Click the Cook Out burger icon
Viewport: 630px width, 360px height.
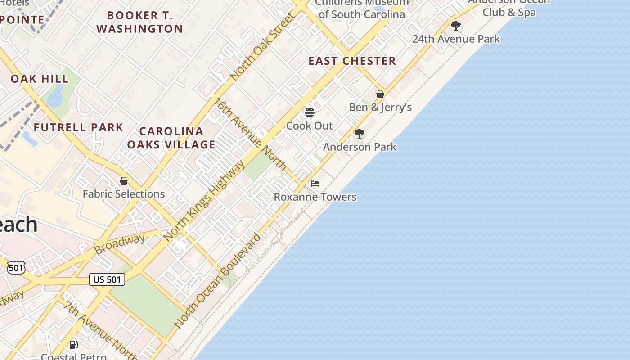pos(310,112)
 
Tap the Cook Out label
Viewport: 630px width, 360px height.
pos(310,126)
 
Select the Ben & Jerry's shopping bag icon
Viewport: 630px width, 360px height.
pos(380,94)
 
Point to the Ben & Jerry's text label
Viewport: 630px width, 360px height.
pos(380,108)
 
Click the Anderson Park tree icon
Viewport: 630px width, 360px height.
pos(359,134)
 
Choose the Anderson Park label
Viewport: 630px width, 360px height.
pos(360,147)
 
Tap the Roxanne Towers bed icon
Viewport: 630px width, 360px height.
pos(315,184)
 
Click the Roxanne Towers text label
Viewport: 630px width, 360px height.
pos(315,197)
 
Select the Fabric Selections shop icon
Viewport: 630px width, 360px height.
pos(124,181)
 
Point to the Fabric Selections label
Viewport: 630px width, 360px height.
pos(124,194)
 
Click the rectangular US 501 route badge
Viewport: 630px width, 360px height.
pos(107,279)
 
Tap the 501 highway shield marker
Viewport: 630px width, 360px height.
pos(16,268)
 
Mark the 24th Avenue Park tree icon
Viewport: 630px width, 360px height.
pos(456,25)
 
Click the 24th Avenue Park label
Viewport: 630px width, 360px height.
pos(456,39)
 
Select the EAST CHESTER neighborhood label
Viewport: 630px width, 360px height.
pos(352,61)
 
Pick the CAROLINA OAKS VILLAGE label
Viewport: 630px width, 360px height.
pos(171,138)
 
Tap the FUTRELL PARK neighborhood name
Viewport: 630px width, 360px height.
pos(78,127)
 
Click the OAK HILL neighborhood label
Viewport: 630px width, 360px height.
pos(40,79)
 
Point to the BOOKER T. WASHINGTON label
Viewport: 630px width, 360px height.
pos(139,22)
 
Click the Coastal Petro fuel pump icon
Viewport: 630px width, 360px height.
pos(74,345)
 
